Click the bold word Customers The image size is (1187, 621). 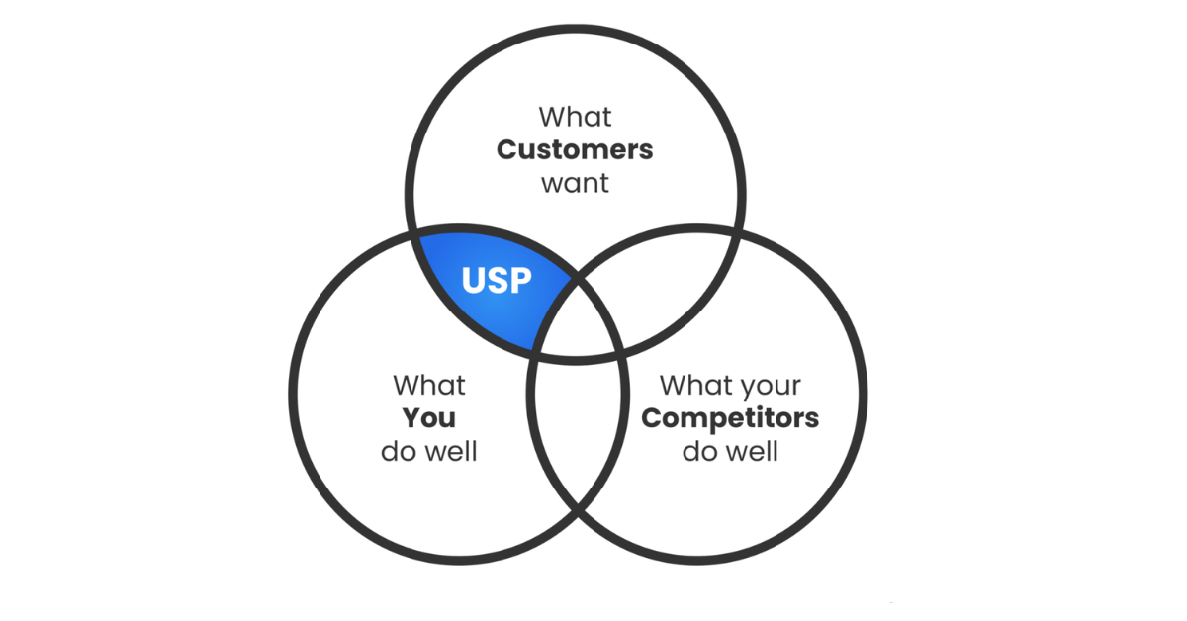click(575, 150)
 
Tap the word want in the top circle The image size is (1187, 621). click(575, 184)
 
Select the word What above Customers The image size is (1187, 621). click(575, 117)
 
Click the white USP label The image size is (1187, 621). click(497, 280)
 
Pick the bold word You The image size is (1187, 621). click(428, 418)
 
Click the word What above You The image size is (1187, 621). click(429, 385)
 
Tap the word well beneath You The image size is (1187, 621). click(452, 451)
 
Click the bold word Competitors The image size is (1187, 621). click(730, 418)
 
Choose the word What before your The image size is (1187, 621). click(696, 385)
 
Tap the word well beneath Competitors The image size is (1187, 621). click(753, 451)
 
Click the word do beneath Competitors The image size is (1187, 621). click(701, 452)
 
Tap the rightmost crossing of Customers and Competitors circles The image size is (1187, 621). click(738, 231)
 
